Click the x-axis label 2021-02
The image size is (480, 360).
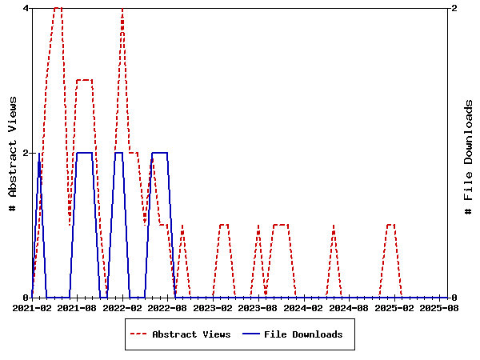coord(32,307)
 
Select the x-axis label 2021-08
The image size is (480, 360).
coord(78,307)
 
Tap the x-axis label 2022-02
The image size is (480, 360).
coord(122,307)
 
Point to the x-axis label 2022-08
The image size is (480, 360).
coord(168,307)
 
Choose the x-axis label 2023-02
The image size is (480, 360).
coord(214,307)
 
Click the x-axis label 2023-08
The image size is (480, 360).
coord(258,307)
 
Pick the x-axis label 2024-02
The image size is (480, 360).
coord(304,307)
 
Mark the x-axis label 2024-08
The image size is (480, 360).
coord(349,307)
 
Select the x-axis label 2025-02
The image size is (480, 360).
coord(394,307)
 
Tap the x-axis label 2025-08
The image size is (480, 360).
coord(439,307)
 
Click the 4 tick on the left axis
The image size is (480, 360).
coord(26,8)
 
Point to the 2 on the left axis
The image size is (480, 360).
coord(26,153)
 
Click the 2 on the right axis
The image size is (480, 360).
coord(454,8)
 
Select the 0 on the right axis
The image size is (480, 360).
coord(454,298)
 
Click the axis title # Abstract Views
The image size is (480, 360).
coord(12,153)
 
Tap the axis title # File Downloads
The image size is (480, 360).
coord(469,153)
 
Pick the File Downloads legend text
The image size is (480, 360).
coord(303,334)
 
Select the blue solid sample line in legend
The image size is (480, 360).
coord(250,334)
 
